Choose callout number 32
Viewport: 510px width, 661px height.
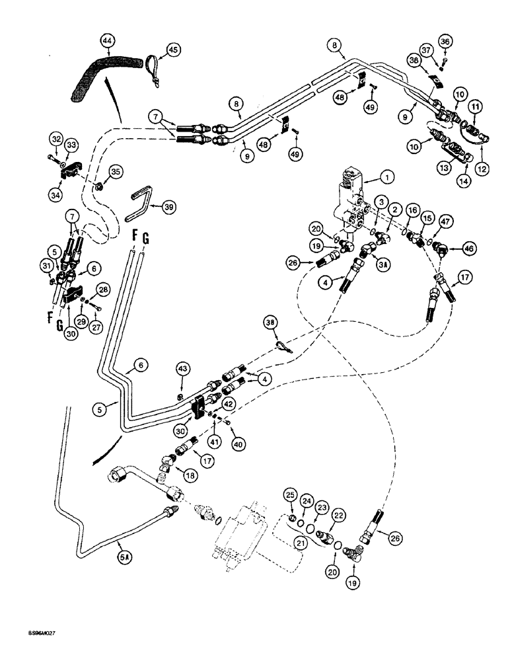click(x=56, y=139)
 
